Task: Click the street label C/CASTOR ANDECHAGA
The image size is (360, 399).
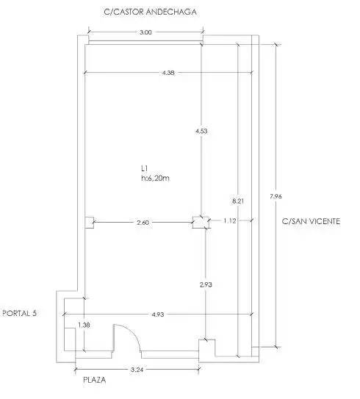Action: click(x=150, y=12)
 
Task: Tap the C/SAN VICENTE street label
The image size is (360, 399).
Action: click(x=311, y=221)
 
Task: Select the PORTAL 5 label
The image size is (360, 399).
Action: click(x=19, y=313)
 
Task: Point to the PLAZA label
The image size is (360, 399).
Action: click(x=94, y=380)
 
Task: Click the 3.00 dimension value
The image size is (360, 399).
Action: click(x=145, y=32)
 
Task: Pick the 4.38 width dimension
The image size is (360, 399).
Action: click(x=168, y=73)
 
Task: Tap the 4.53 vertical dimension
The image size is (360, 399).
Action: click(x=201, y=132)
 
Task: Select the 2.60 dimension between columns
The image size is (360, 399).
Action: click(x=143, y=223)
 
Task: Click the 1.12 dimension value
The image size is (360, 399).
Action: click(x=230, y=220)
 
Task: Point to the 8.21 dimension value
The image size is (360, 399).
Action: click(x=238, y=201)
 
